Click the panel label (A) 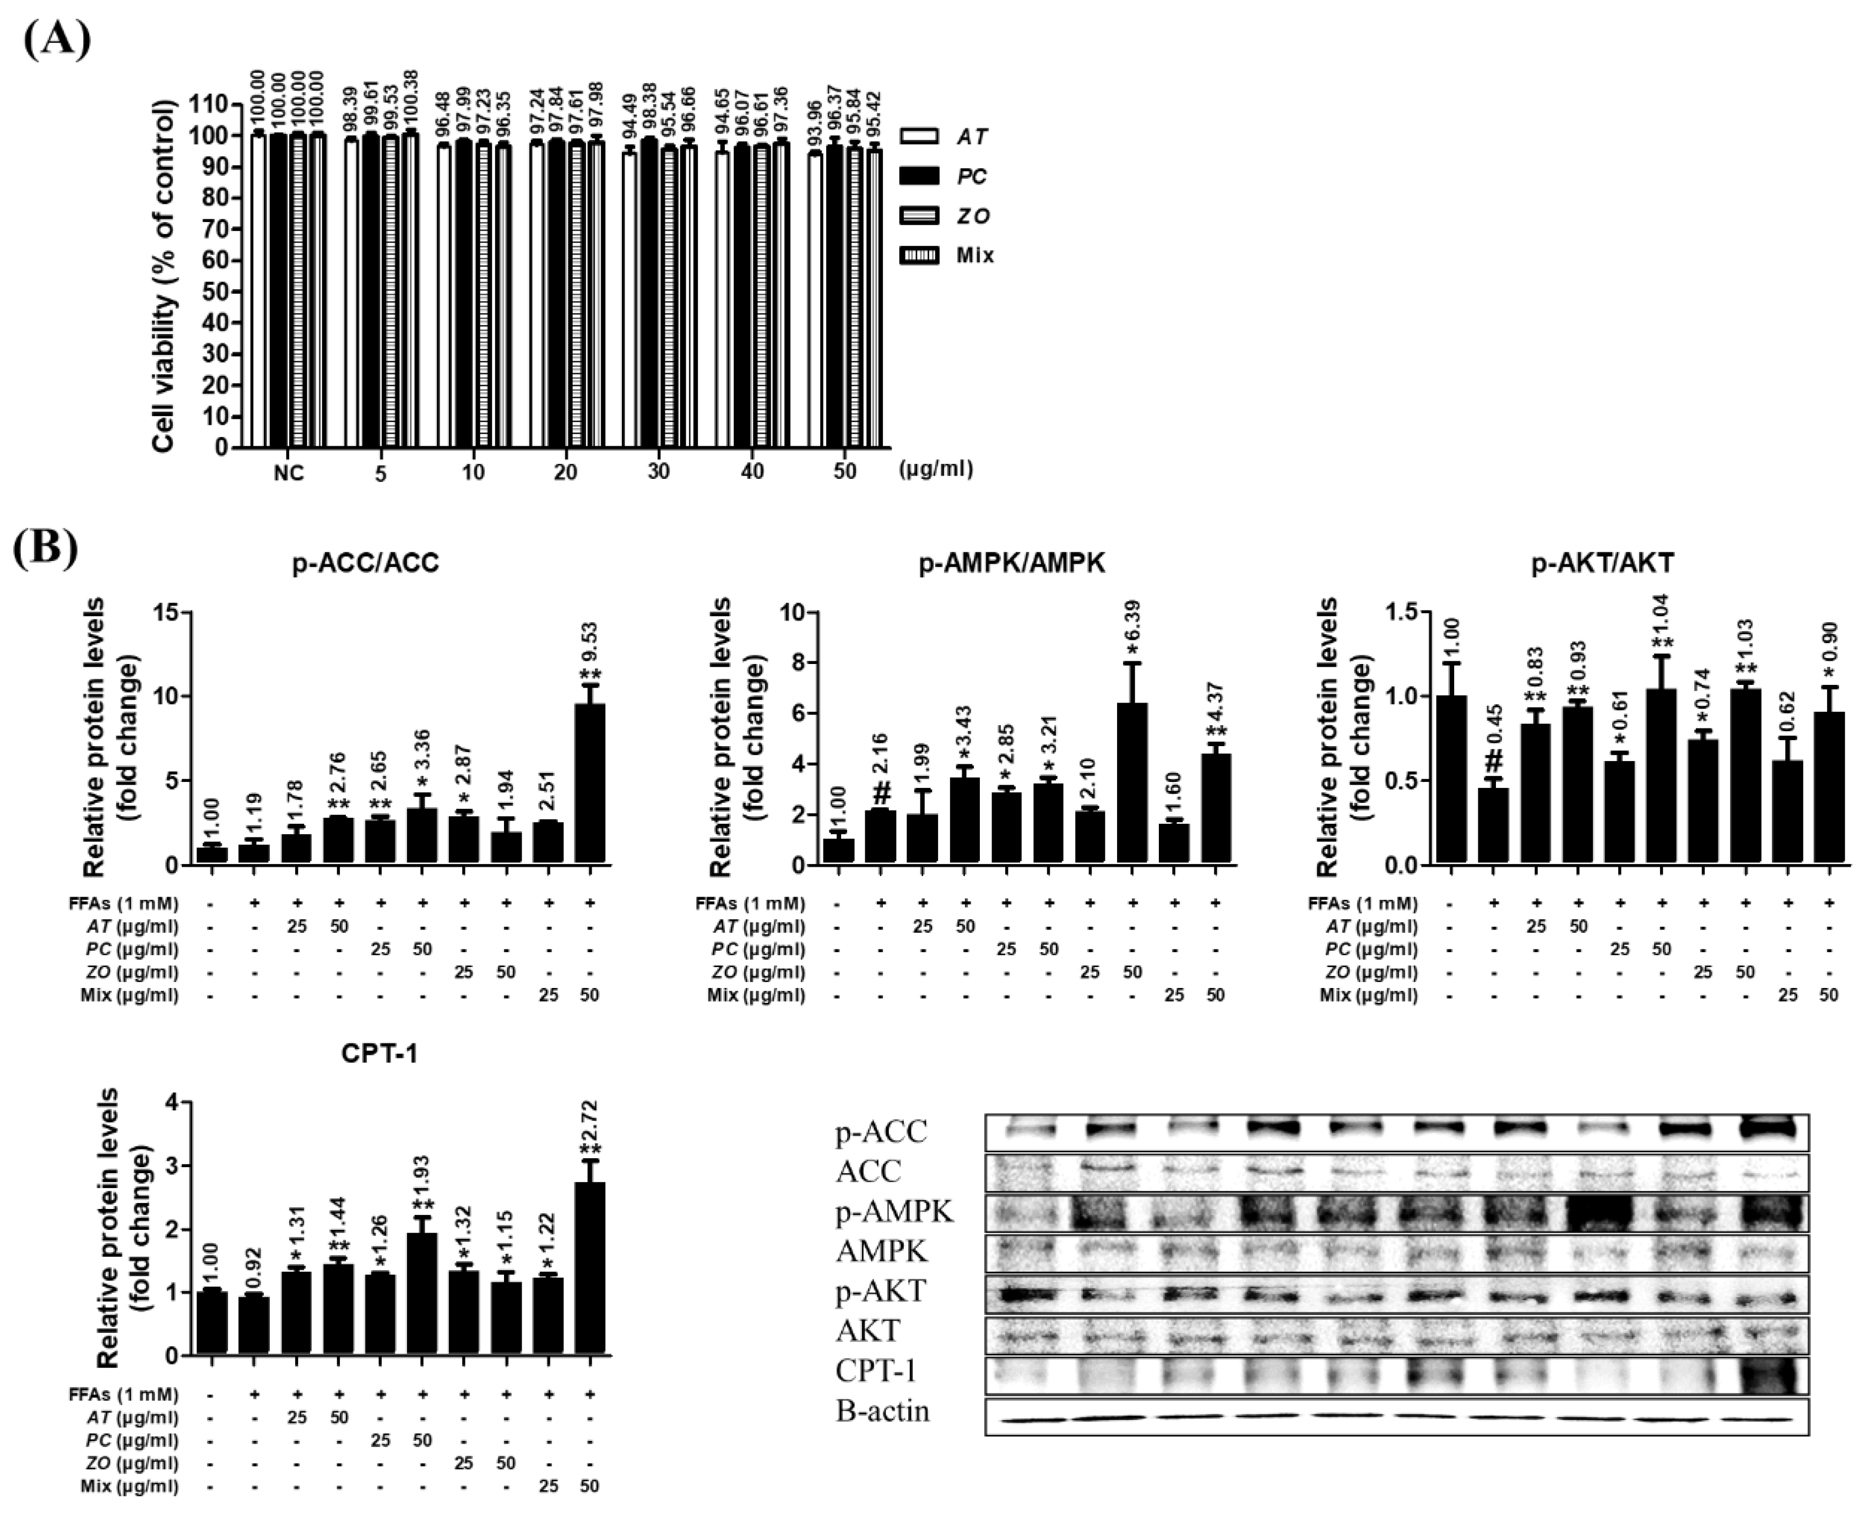point(56,37)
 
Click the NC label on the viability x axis point(288,473)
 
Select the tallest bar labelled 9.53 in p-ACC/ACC point(590,784)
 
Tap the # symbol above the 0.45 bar point(1494,760)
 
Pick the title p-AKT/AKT point(1602,564)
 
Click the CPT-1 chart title point(379,1055)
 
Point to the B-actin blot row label point(881,1411)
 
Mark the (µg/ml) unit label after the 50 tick point(935,469)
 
